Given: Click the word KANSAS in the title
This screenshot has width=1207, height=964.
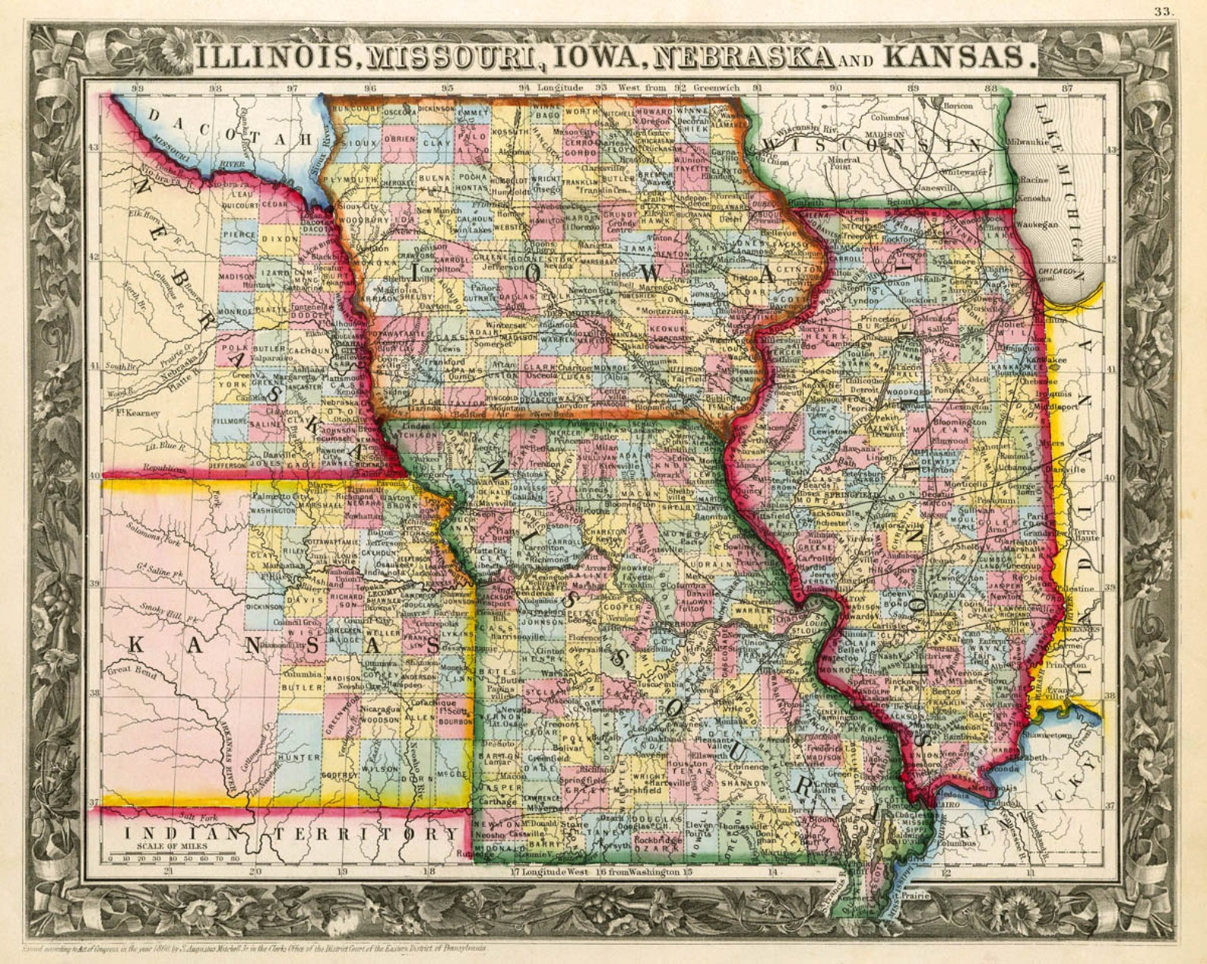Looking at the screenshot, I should [961, 56].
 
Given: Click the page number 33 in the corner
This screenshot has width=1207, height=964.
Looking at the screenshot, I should [1163, 11].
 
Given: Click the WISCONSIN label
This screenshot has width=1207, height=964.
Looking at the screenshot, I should [874, 144].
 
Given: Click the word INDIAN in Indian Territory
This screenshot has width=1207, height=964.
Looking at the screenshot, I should [175, 834].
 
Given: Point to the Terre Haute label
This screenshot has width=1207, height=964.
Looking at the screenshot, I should [1086, 533].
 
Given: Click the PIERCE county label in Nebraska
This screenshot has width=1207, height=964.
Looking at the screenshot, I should [239, 236].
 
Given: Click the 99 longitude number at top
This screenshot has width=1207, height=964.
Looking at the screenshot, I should [138, 88].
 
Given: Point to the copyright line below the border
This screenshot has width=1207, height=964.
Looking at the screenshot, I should [255, 949].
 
